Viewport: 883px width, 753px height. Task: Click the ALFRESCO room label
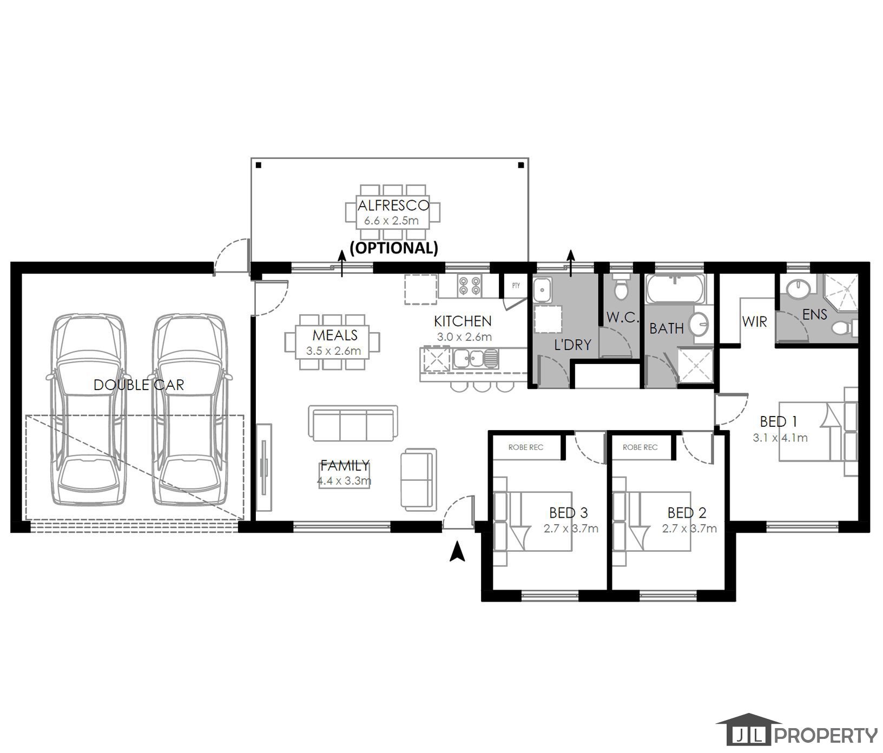pyautogui.click(x=393, y=206)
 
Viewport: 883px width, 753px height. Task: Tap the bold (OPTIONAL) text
pyautogui.click(x=394, y=248)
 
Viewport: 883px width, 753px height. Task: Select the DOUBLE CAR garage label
pyautogui.click(x=139, y=385)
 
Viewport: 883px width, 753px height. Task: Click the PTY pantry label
pyautogui.click(x=516, y=285)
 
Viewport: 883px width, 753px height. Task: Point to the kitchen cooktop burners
pyautogui.click(x=469, y=286)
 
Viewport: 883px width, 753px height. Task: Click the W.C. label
pyautogui.click(x=623, y=318)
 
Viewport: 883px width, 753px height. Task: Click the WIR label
pyautogui.click(x=755, y=322)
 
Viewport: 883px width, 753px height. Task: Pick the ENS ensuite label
pyautogui.click(x=815, y=314)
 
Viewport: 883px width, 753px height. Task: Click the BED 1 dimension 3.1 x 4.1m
pyautogui.click(x=780, y=438)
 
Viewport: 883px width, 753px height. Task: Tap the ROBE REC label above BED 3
pyautogui.click(x=526, y=447)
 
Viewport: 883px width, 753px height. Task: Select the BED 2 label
pyautogui.click(x=687, y=512)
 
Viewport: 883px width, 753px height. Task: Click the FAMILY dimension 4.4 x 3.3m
pyautogui.click(x=344, y=480)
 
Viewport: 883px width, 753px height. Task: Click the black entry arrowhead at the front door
pyautogui.click(x=458, y=552)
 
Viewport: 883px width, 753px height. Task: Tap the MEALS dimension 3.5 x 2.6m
pyautogui.click(x=333, y=351)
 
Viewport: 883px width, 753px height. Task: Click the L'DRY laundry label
pyautogui.click(x=572, y=345)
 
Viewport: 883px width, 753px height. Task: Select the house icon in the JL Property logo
pyautogui.click(x=748, y=730)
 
